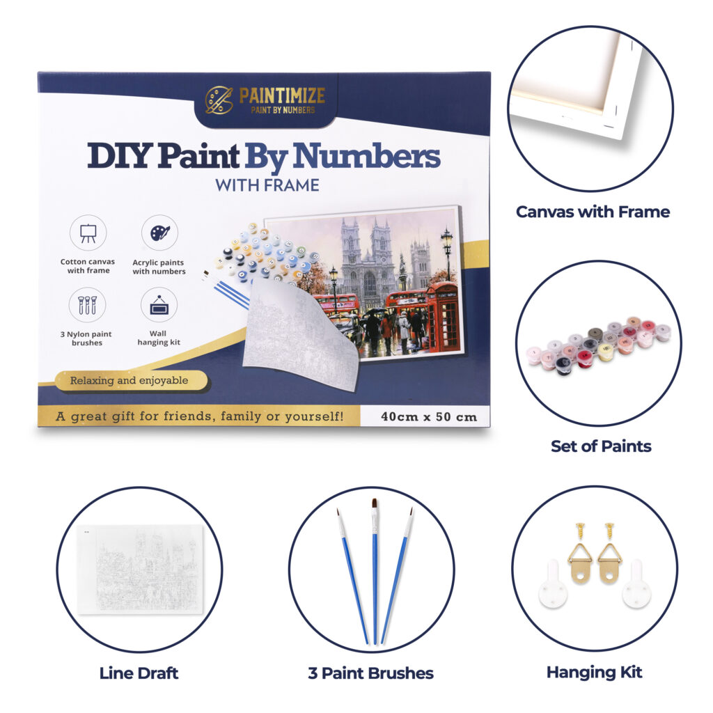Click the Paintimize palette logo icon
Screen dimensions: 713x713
coord(219,100)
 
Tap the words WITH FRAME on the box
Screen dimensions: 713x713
coord(267,185)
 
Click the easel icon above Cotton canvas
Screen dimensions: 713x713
coord(88,233)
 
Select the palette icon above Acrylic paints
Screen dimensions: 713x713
coord(159,233)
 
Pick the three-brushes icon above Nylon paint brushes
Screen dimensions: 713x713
coord(87,305)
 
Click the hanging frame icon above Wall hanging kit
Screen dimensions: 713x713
coord(159,305)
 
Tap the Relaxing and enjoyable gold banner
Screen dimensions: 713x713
coord(131,381)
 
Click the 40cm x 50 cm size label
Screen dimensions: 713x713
coord(429,417)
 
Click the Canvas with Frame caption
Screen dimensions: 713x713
coord(593,212)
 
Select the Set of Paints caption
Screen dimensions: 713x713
coord(601,446)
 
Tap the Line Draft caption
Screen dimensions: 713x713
coord(139,673)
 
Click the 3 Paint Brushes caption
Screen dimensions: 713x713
coord(370,673)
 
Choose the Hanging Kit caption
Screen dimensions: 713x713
coord(595,673)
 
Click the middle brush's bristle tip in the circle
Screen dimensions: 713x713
coord(375,504)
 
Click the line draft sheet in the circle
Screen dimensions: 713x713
coord(140,570)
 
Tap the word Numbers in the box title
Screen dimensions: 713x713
coord(366,156)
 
